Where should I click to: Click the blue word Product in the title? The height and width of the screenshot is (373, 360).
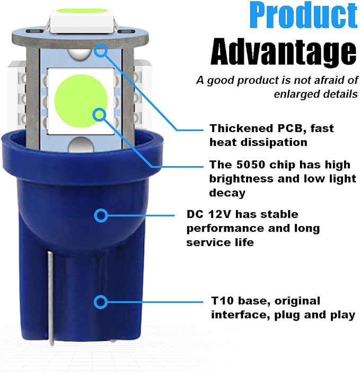[x=303, y=15]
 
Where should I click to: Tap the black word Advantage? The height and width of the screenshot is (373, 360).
[x=284, y=53]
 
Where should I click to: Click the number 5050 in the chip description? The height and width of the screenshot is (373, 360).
[x=251, y=164]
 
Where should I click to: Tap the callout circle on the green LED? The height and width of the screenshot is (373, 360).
[x=99, y=115]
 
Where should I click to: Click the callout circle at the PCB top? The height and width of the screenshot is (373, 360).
[x=101, y=50]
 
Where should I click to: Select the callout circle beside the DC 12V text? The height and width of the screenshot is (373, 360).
[x=101, y=215]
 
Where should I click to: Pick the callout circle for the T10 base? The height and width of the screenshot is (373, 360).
[x=101, y=302]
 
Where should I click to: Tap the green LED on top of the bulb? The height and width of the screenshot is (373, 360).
[x=82, y=11]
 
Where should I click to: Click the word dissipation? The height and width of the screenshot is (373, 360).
[x=274, y=143]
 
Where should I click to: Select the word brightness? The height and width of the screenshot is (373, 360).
[x=241, y=179]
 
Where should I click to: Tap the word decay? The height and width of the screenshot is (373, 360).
[x=227, y=193]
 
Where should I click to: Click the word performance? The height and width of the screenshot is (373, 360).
[x=225, y=229]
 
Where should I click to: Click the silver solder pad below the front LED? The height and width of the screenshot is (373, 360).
[x=81, y=144]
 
